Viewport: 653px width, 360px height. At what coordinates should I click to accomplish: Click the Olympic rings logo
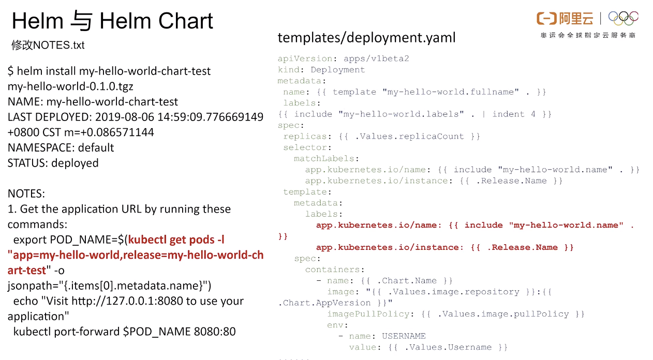624,18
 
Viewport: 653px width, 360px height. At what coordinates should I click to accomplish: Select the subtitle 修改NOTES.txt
48,45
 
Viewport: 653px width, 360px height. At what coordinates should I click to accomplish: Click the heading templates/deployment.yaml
366,38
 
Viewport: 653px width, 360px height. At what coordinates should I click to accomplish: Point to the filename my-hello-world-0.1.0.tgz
70,86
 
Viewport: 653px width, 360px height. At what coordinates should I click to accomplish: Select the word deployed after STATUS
75,163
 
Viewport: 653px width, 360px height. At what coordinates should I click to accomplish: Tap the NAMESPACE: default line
61,147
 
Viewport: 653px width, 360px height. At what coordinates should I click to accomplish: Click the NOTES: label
26,194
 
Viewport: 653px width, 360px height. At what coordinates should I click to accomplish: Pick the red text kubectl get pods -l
176,239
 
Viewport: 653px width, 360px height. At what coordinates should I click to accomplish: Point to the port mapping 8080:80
215,332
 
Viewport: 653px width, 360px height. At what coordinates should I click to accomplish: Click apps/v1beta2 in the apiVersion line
376,58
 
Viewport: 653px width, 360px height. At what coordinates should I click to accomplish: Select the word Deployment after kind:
337,70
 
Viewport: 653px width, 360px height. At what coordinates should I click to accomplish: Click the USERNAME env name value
404,336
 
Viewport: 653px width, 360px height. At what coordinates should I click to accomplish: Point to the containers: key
335,269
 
